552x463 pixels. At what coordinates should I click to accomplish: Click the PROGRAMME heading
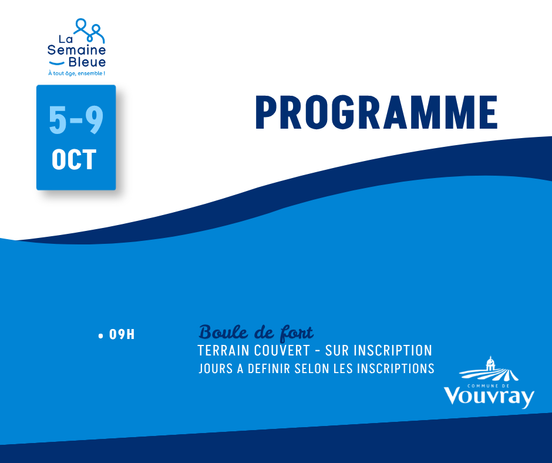376,112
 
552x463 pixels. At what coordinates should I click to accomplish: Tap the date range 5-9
76,120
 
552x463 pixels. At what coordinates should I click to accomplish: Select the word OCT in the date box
74,160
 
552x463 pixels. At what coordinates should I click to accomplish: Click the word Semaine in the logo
77,50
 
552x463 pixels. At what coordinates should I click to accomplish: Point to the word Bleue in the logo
87,62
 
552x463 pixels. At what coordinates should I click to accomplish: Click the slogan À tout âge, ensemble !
77,73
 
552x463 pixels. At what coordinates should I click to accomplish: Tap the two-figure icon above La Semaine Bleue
89,31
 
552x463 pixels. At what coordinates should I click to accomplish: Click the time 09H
122,334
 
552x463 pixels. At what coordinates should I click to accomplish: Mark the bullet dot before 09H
101,336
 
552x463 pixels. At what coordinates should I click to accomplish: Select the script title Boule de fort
256,333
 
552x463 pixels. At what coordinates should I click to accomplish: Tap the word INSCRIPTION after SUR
393,351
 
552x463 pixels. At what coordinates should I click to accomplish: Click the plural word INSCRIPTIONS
396,368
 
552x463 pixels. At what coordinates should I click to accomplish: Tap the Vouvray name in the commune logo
489,397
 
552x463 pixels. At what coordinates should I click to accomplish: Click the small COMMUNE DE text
488,386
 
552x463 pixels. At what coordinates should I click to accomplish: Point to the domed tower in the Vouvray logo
490,363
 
